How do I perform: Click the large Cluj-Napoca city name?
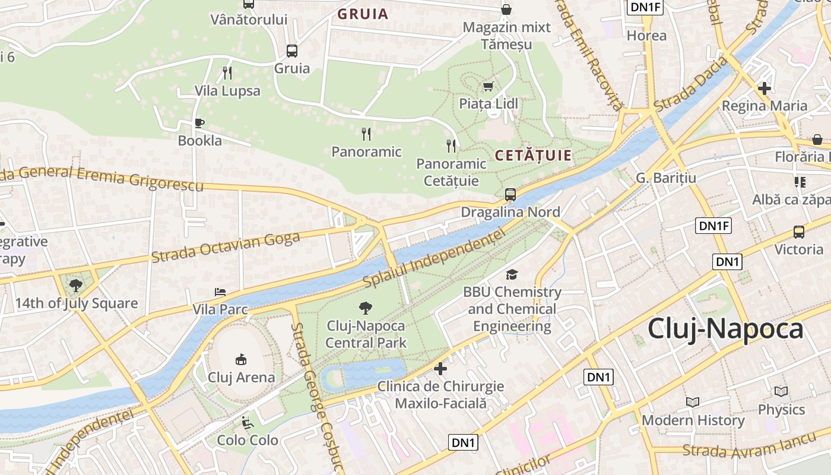click(x=725, y=329)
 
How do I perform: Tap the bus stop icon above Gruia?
click(x=291, y=51)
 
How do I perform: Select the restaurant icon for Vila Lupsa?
click(x=227, y=73)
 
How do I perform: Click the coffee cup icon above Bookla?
click(x=199, y=123)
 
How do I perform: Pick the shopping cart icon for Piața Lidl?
click(x=488, y=87)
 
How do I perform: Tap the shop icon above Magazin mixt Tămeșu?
click(x=506, y=9)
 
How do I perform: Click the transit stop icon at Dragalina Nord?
click(x=510, y=194)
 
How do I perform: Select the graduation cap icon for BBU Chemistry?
click(x=512, y=274)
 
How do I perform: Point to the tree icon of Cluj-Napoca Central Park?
click(x=366, y=308)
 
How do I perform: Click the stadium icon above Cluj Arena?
click(x=241, y=359)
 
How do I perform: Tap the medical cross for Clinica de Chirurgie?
click(x=440, y=369)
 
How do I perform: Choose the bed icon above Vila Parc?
click(x=220, y=292)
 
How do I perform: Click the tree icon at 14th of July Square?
click(x=76, y=286)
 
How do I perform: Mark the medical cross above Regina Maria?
click(x=765, y=88)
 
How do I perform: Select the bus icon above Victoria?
click(x=799, y=232)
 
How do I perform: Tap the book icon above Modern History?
click(x=693, y=403)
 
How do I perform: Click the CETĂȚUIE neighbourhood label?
click(x=533, y=156)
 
